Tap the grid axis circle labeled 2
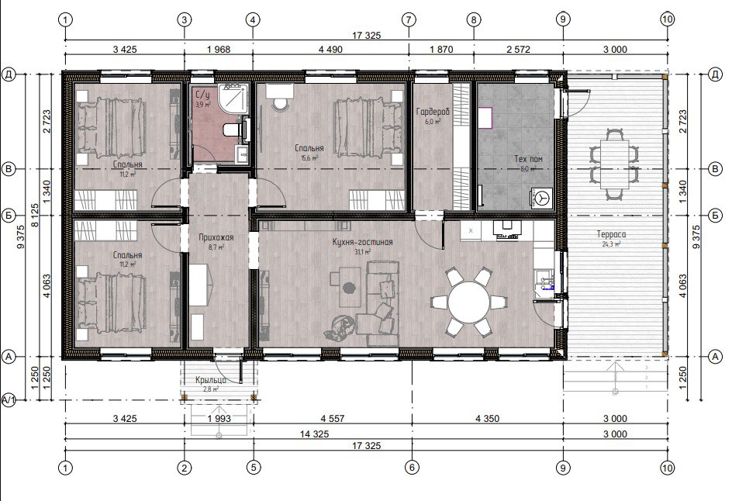click(184, 467)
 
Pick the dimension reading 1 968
click(218, 49)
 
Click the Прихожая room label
click(216, 238)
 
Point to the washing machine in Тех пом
click(541, 198)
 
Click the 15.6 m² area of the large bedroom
click(309, 157)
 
